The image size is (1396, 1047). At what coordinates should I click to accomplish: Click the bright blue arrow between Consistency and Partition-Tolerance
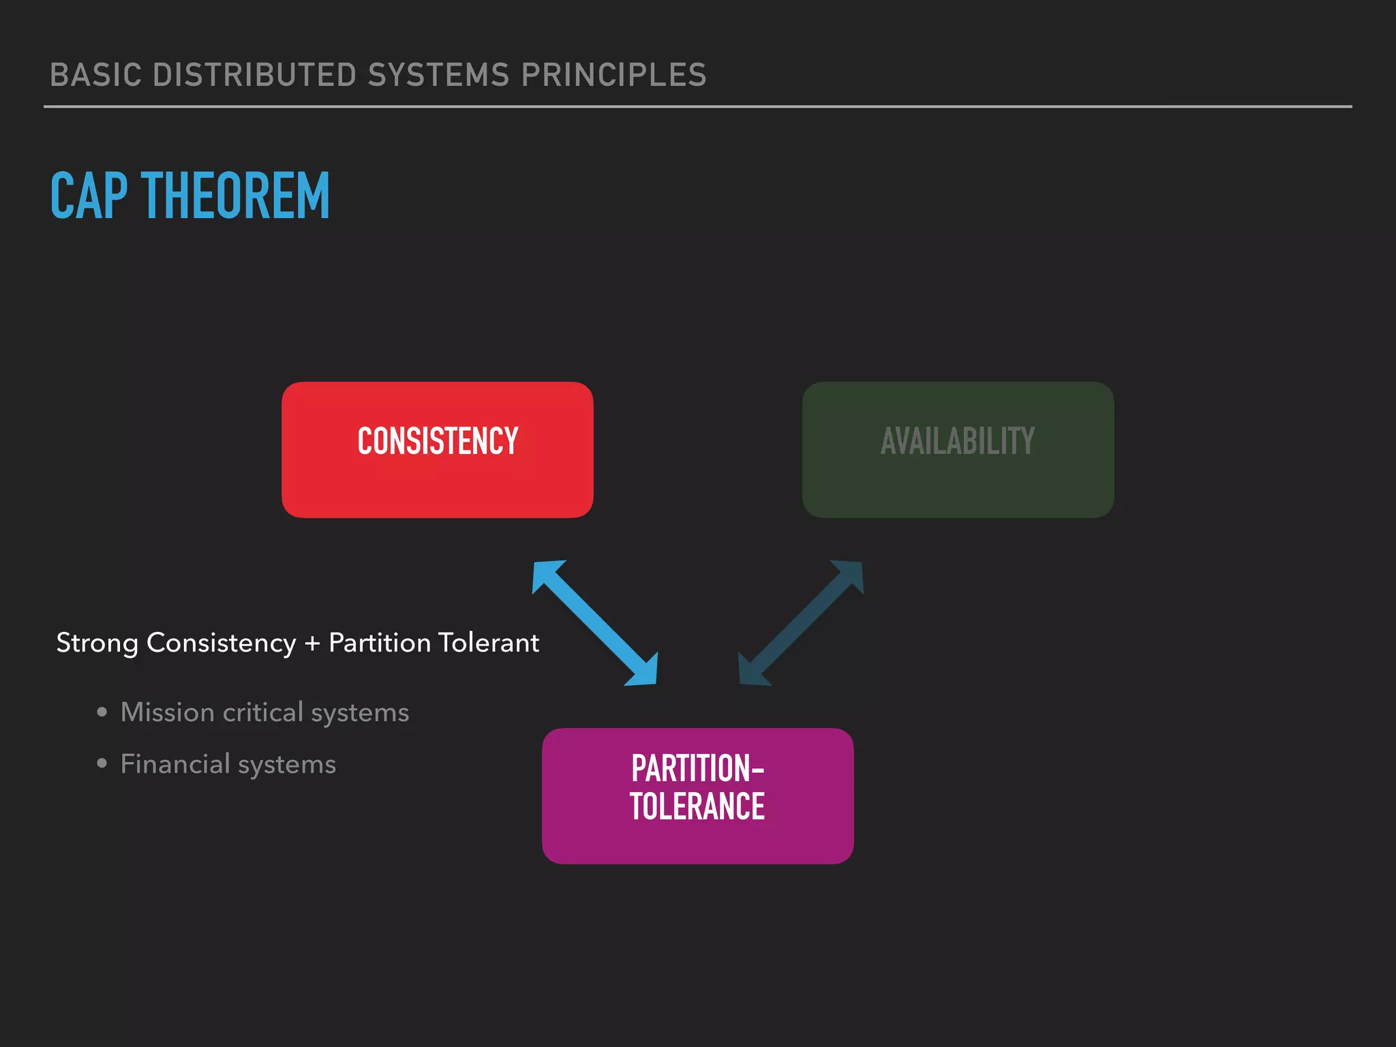(x=594, y=622)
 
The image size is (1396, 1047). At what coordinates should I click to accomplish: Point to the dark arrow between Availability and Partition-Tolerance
(x=802, y=622)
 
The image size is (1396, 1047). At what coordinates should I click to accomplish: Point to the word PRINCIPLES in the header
(x=613, y=75)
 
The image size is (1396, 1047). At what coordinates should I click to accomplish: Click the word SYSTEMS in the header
(x=438, y=75)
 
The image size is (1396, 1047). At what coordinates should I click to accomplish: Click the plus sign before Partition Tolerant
(x=312, y=643)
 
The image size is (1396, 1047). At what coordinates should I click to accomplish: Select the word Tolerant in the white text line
(x=488, y=643)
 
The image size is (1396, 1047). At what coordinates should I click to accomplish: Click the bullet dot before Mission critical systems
(x=102, y=712)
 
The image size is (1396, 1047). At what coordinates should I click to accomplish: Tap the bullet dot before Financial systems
(x=102, y=763)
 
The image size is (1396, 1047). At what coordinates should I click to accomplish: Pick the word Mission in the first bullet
(x=168, y=712)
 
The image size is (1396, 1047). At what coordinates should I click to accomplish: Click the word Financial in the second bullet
(x=175, y=763)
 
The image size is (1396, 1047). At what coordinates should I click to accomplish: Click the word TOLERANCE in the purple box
(x=697, y=806)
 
